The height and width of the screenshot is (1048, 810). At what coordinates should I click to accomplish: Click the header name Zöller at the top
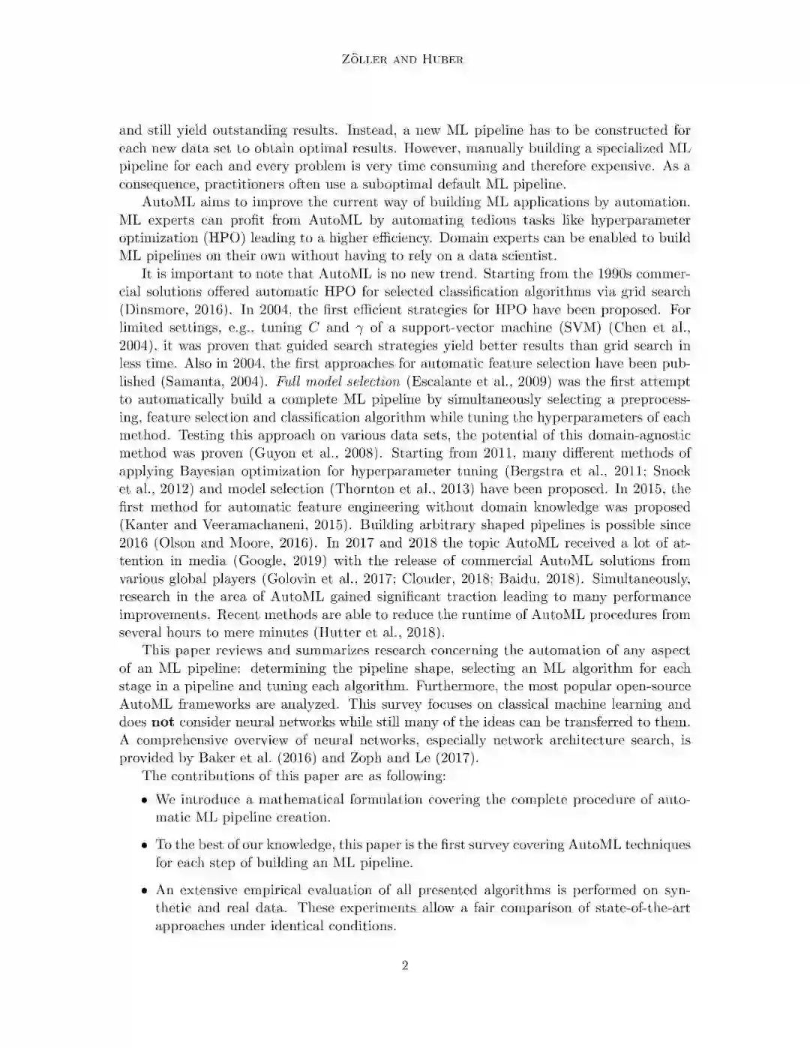pyautogui.click(x=364, y=59)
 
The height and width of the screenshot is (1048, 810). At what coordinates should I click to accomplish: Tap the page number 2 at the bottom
pyautogui.click(x=405, y=965)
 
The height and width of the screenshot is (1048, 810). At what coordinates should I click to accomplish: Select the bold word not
pyautogui.click(x=163, y=722)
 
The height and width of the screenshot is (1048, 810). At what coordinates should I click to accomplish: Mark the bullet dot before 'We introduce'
pyautogui.click(x=144, y=800)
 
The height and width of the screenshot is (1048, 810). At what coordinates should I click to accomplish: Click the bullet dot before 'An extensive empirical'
pyautogui.click(x=144, y=891)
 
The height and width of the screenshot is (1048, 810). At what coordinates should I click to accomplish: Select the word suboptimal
pyautogui.click(x=386, y=184)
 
